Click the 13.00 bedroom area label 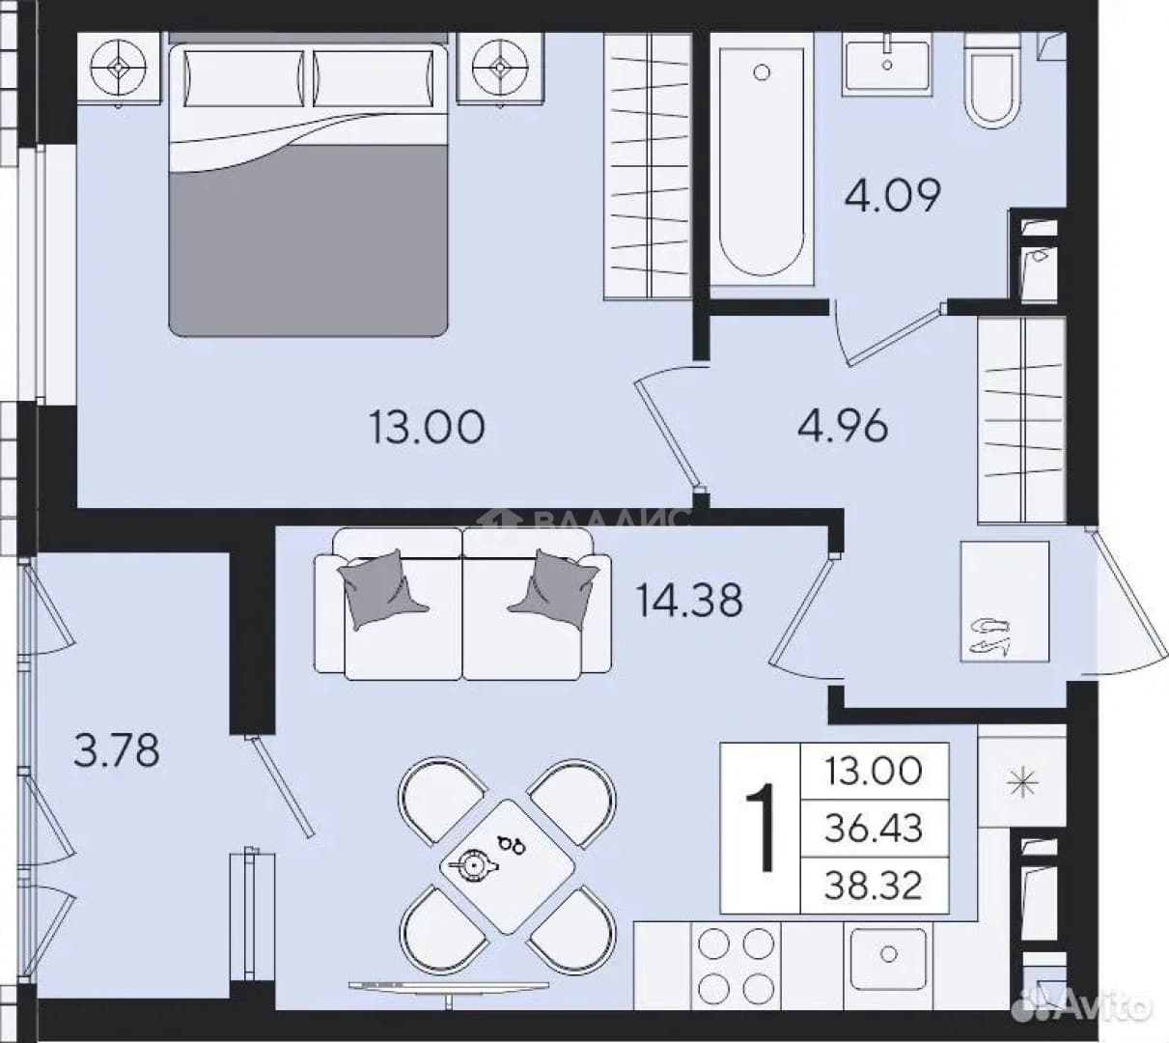coord(427,427)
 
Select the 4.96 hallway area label coord(843,426)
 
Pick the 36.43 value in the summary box coord(874,829)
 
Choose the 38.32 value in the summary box coord(874,886)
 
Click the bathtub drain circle coord(762,72)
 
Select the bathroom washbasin coord(887,63)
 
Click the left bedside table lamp coord(119,68)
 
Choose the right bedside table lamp coord(500,68)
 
